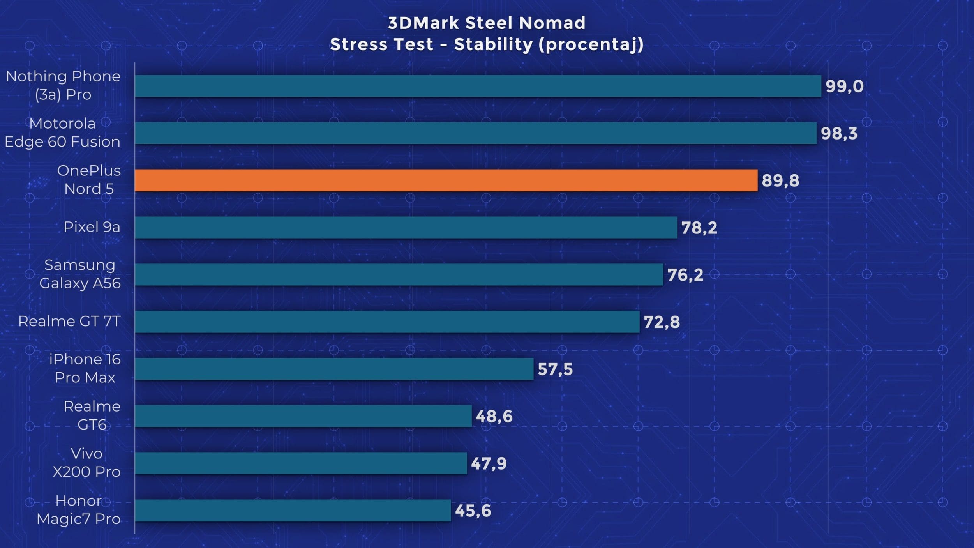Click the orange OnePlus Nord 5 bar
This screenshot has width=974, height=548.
point(446,180)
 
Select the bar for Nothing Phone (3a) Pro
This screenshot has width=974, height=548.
point(478,86)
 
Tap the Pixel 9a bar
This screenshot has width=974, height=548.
point(406,227)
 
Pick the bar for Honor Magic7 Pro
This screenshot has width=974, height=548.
point(293,510)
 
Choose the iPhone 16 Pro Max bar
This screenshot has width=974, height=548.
point(334,369)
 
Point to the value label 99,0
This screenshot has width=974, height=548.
point(844,86)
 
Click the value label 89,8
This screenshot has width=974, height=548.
point(780,180)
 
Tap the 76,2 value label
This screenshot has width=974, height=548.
point(685,275)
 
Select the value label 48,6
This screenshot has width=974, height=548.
point(494,416)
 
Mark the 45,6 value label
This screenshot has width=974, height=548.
point(473,511)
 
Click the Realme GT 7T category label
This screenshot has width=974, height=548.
point(69,321)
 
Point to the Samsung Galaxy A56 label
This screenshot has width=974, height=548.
point(80,274)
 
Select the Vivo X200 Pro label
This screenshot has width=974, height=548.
point(86,463)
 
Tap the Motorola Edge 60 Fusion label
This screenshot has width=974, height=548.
point(62,133)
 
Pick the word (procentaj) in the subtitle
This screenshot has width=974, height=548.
point(591,44)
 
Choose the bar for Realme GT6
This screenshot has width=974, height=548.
point(303,416)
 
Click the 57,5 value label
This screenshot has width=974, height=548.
point(555,369)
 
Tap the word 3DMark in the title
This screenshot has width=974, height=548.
point(423,23)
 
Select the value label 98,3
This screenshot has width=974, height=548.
point(839,133)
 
